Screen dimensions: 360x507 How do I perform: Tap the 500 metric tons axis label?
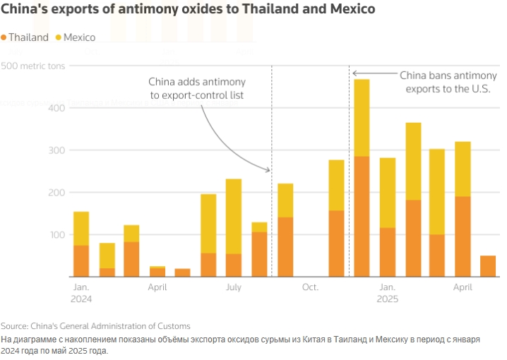pyautogui.click(x=33, y=66)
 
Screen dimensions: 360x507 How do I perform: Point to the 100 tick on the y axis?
pyautogui.click(x=55, y=234)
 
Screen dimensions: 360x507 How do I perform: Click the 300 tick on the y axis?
pyautogui.click(x=55, y=150)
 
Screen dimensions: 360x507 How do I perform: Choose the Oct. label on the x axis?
pyautogui.click(x=311, y=288)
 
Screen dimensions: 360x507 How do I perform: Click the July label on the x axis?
pyautogui.click(x=234, y=288)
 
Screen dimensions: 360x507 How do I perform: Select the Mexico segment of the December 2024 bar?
pyautogui.click(x=362, y=117)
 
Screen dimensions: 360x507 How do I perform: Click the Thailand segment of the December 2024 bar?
pyautogui.click(x=362, y=216)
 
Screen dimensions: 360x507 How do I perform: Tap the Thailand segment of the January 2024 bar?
pyautogui.click(x=81, y=260)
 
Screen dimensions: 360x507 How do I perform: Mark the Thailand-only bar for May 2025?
pyautogui.click(x=488, y=266)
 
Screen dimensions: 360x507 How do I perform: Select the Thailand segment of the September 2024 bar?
pyautogui.click(x=285, y=246)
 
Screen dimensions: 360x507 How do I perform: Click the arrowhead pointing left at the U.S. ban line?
pyautogui.click(x=355, y=73)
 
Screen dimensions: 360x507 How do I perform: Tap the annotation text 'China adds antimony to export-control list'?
pyautogui.click(x=197, y=88)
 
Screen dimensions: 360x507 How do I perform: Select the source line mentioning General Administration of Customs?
pyautogui.click(x=95, y=326)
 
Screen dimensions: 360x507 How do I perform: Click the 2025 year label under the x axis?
pyautogui.click(x=388, y=299)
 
